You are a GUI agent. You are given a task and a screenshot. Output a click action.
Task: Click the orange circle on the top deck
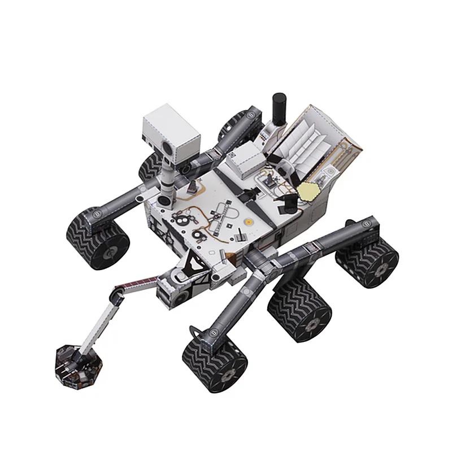[247, 224]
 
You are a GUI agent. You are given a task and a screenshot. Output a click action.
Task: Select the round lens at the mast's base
[164, 201]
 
